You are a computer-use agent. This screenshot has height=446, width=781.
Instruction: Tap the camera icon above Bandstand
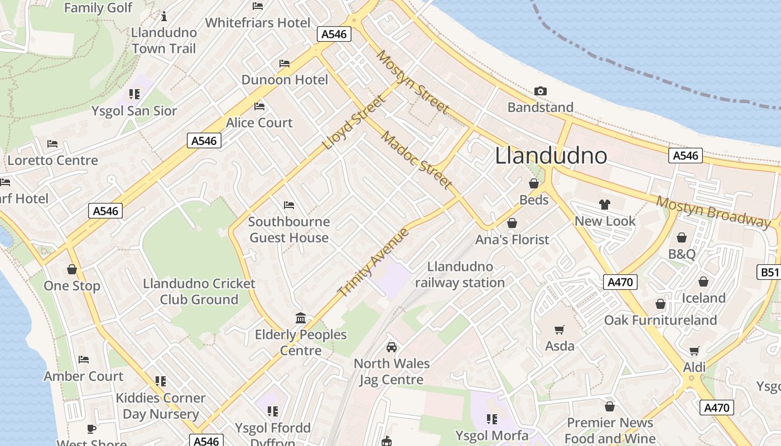tap(540, 91)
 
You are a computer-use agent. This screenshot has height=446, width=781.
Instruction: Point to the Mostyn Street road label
tap(412, 81)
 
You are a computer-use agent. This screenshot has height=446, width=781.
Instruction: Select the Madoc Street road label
tap(417, 159)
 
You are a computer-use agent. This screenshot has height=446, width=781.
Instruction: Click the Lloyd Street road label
tap(354, 123)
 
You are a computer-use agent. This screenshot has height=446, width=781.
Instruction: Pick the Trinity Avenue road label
tap(374, 262)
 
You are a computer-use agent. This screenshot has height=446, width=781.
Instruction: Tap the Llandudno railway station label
tap(460, 275)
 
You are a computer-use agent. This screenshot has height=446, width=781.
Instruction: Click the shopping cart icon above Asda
tap(560, 329)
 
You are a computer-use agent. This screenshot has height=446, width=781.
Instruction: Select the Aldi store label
tap(695, 367)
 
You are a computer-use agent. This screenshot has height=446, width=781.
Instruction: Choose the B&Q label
tap(682, 254)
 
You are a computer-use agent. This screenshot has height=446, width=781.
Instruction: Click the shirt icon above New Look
tap(605, 205)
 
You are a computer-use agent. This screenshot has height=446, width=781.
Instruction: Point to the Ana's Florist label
tap(512, 240)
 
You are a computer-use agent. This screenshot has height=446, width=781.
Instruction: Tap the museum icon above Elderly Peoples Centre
tap(301, 318)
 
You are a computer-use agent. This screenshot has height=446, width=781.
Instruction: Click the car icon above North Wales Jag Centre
tap(392, 347)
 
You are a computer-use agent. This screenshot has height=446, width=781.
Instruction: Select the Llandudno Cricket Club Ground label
tap(199, 292)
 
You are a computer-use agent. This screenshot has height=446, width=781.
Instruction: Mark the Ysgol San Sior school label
tap(134, 111)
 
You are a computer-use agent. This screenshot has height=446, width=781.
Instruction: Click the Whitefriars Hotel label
tap(258, 23)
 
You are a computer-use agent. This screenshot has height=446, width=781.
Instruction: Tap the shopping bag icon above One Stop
tap(72, 270)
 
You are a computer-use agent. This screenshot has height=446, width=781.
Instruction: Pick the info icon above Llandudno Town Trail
tap(164, 17)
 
